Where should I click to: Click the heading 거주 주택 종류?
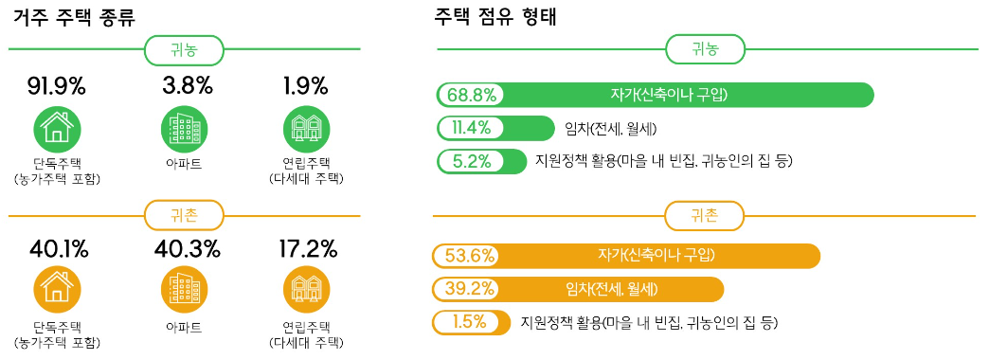[x=75, y=18]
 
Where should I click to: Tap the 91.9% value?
[x=56, y=86]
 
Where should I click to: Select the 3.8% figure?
[x=187, y=86]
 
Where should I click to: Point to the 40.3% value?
[x=187, y=250]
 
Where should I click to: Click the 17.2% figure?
[x=308, y=250]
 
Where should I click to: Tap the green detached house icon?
[x=56, y=127]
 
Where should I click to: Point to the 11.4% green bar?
[x=495, y=129]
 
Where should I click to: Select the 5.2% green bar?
[x=481, y=161]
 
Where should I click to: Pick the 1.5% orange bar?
[x=471, y=322]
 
